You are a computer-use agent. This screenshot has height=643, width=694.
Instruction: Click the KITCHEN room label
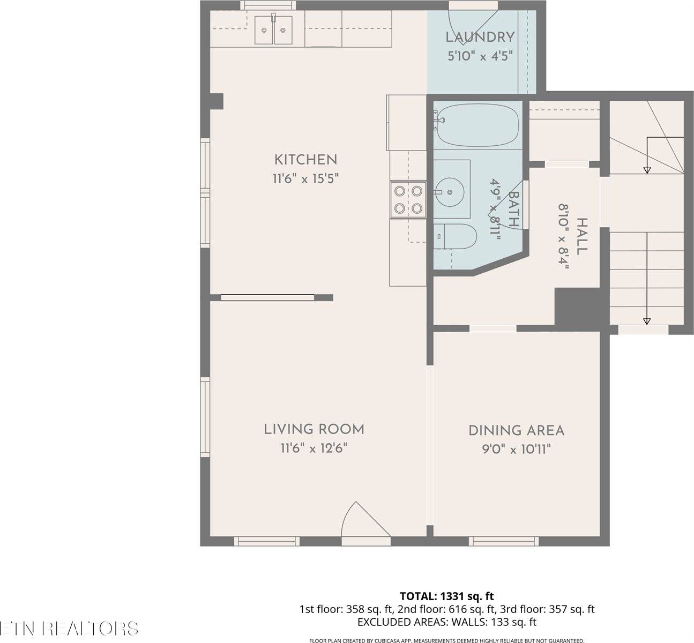click(305, 159)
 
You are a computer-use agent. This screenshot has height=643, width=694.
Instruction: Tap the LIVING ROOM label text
click(314, 429)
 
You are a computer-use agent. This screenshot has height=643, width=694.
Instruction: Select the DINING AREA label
click(516, 430)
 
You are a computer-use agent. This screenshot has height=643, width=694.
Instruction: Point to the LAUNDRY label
click(480, 37)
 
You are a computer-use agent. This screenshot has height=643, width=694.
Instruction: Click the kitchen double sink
click(273, 30)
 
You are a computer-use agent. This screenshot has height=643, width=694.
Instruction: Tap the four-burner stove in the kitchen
click(407, 199)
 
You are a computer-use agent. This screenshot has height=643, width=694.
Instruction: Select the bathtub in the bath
click(476, 126)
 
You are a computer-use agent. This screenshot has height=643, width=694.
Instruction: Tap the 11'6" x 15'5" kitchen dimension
click(306, 178)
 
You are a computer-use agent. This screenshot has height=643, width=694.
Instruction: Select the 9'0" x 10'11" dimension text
click(516, 449)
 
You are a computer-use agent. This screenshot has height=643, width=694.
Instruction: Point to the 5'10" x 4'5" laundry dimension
click(480, 56)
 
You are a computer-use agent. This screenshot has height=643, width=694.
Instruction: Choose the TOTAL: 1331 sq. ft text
click(447, 596)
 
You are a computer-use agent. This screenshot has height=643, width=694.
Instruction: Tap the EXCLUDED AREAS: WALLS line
click(446, 622)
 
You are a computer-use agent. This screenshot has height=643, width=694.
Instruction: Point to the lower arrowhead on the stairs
click(647, 321)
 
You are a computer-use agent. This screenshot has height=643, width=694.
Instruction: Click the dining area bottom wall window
click(503, 541)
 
